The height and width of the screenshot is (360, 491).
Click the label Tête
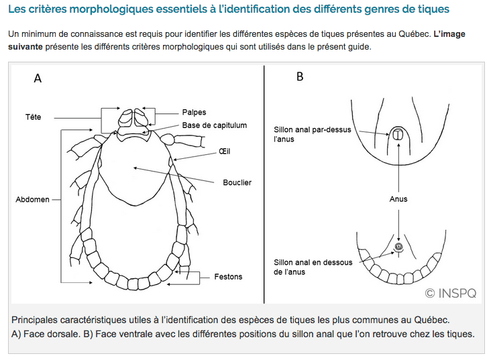33,117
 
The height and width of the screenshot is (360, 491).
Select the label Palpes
194,112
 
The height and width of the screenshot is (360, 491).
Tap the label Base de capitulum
215,125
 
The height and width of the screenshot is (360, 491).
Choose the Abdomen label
32,200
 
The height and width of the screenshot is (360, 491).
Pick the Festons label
228,276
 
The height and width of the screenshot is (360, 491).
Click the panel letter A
38,78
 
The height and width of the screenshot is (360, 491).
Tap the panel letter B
300,77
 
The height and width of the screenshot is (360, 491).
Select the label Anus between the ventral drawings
398,199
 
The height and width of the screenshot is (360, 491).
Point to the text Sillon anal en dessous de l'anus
313,267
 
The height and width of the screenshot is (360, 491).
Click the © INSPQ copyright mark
451,292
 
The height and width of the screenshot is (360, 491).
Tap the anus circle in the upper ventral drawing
398,135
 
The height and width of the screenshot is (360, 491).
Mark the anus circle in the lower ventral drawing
398,247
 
